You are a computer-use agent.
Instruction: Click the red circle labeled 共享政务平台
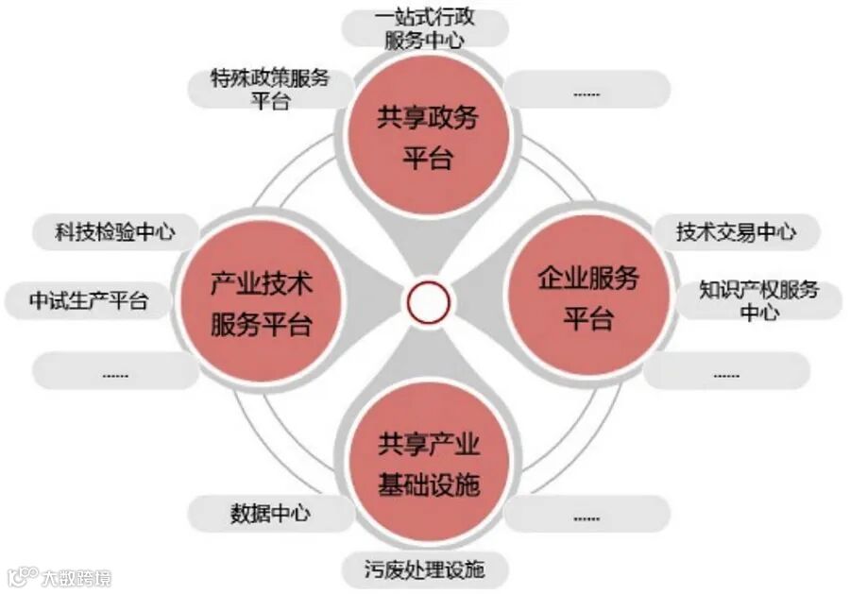pyautogui.click(x=428, y=136)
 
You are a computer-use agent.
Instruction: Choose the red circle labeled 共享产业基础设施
pyautogui.click(x=428, y=463)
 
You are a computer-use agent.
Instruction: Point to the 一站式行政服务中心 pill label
pyautogui.click(x=424, y=28)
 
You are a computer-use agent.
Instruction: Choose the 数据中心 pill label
pyautogui.click(x=270, y=513)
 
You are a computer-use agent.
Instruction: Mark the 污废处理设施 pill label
pyautogui.click(x=424, y=569)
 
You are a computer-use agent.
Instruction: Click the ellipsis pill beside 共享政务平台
pyautogui.click(x=586, y=92)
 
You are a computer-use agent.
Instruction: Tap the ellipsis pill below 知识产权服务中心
pyautogui.click(x=726, y=372)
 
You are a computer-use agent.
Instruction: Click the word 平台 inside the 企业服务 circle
pyautogui.click(x=587, y=318)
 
